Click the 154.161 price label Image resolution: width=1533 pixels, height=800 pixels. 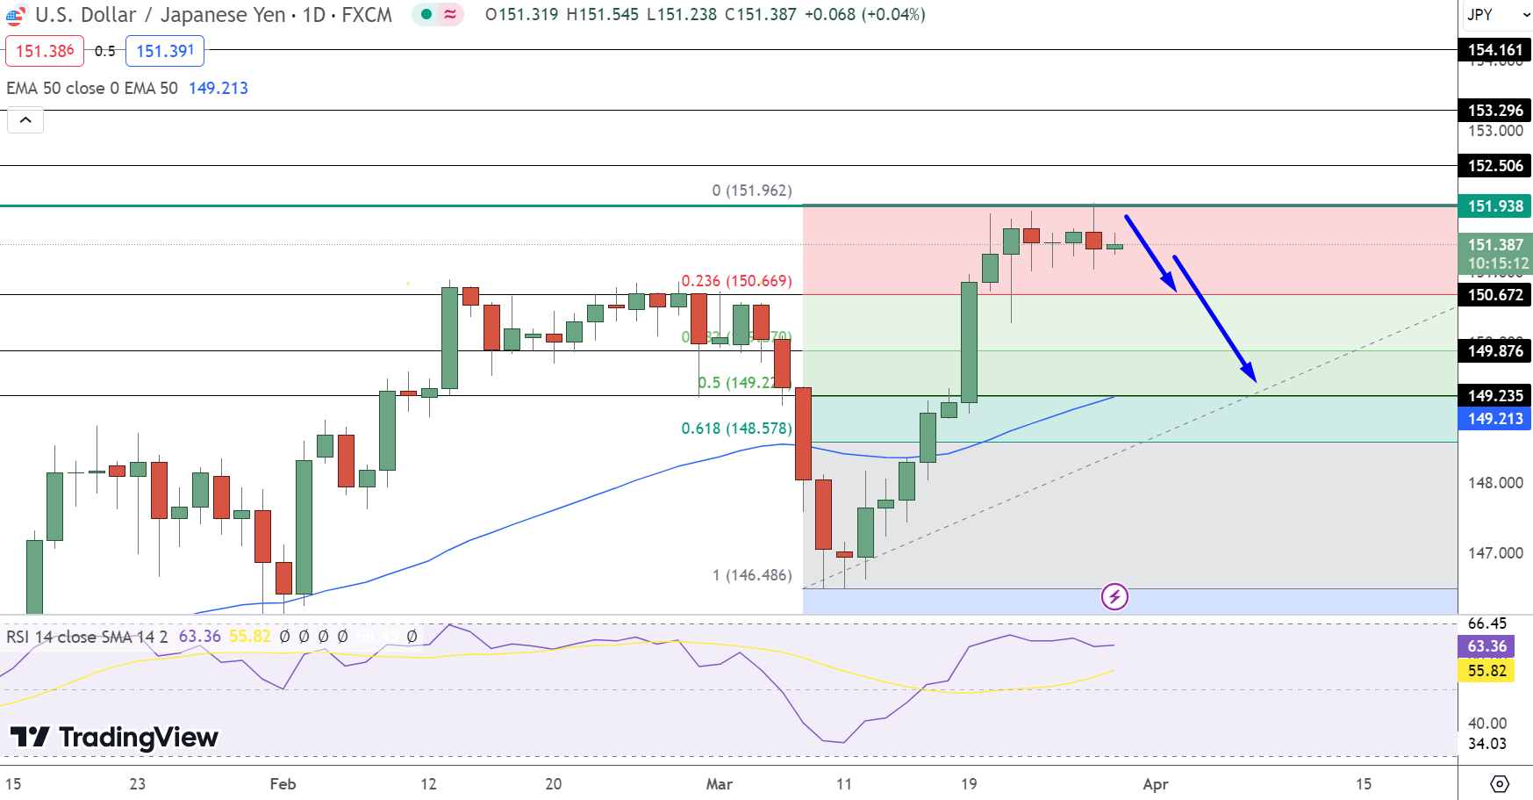[1495, 50]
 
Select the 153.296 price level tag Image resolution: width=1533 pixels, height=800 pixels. [1495, 111]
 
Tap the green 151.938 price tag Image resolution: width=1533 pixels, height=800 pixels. [1495, 206]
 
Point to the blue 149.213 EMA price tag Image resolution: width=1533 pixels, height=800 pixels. [1495, 419]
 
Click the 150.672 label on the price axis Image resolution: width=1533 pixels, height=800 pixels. [1495, 295]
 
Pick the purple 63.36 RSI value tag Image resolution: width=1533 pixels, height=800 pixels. [1487, 646]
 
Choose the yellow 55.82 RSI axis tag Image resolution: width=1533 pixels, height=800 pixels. [1487, 671]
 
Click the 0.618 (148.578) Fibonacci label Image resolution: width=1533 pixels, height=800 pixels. [736, 429]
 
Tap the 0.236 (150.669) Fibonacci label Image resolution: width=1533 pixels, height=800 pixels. [736, 281]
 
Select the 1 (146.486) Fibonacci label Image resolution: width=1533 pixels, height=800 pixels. [752, 575]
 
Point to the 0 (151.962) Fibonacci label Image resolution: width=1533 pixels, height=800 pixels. [752, 191]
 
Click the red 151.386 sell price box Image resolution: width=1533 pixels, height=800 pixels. [45, 51]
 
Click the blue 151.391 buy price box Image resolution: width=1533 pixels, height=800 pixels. [165, 51]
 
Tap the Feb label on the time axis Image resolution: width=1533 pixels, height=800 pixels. [283, 783]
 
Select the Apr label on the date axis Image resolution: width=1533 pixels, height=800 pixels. [1155, 783]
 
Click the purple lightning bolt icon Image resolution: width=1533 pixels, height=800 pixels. [1114, 597]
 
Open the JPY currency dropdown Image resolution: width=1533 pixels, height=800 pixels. [1496, 15]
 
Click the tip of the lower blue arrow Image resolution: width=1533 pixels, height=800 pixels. [1256, 381]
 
